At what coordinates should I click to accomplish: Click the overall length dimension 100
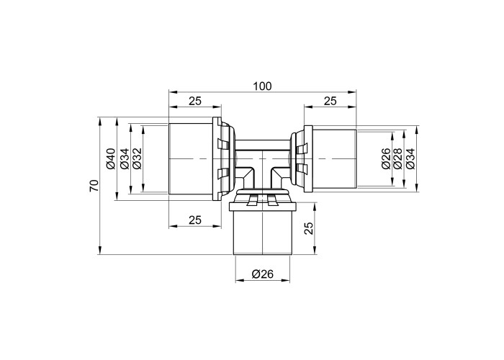click(x=262, y=86)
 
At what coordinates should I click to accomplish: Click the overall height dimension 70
click(x=94, y=186)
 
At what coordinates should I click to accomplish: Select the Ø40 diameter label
click(x=110, y=159)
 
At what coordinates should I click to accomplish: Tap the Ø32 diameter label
click(x=137, y=159)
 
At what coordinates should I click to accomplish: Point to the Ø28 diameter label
click(x=397, y=159)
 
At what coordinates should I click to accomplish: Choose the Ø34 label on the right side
click(x=410, y=159)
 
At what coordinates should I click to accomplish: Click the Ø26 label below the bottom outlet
click(x=263, y=274)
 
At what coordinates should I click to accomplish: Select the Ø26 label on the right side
click(x=386, y=159)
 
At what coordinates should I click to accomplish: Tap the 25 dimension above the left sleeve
click(x=195, y=101)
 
